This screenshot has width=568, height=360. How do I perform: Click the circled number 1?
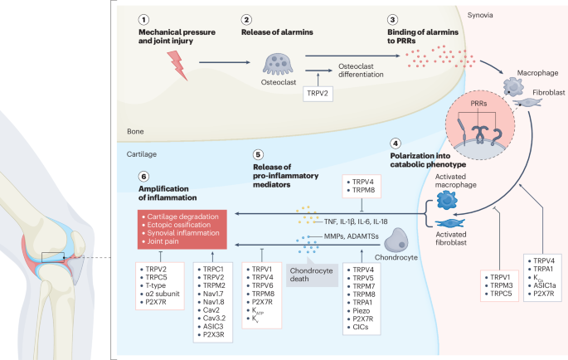point(145,19)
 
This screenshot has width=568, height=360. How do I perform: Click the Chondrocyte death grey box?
point(309,251)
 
